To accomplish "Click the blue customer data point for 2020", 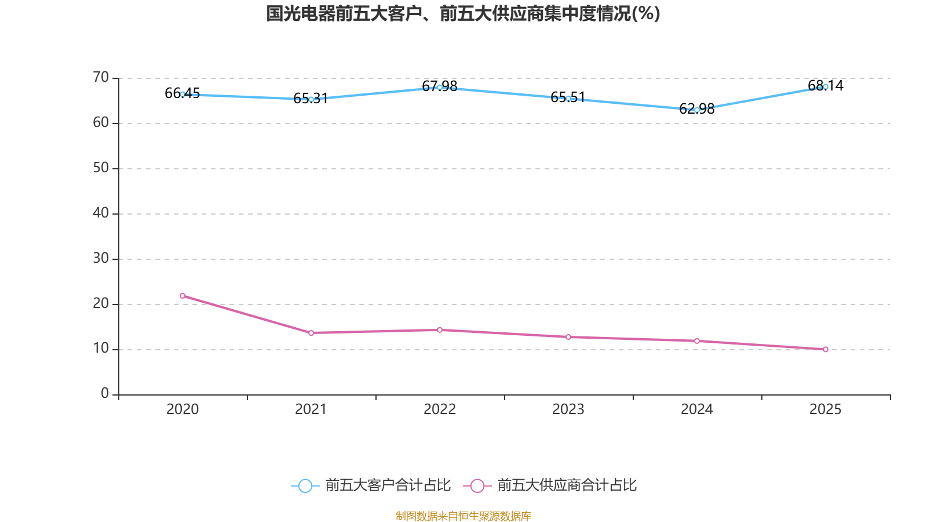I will coord(183,94).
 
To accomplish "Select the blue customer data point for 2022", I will coord(440,88).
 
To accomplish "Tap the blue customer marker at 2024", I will coord(697,110).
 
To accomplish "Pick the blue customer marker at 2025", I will coord(826,87).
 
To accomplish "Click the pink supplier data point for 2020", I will coord(183,296).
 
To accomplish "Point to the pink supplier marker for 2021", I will coord(311,333).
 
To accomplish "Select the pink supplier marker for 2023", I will coord(568,337).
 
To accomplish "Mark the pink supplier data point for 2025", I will coord(826,349).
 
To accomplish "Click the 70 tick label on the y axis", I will coord(101,77).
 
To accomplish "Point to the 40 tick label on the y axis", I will coord(101,213).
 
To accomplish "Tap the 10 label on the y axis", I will coord(101,349).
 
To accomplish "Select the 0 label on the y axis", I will coord(105,394).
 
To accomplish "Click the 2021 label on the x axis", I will coord(311,409).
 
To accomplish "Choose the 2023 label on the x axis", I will coord(568,409).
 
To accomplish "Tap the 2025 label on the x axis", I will coord(826,409).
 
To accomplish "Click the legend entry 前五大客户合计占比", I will coord(388,485).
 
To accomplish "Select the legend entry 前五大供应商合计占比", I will coord(567,485).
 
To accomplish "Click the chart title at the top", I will coord(463,13).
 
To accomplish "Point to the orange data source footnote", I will coord(463,516).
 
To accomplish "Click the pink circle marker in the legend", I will coord(477,486).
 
